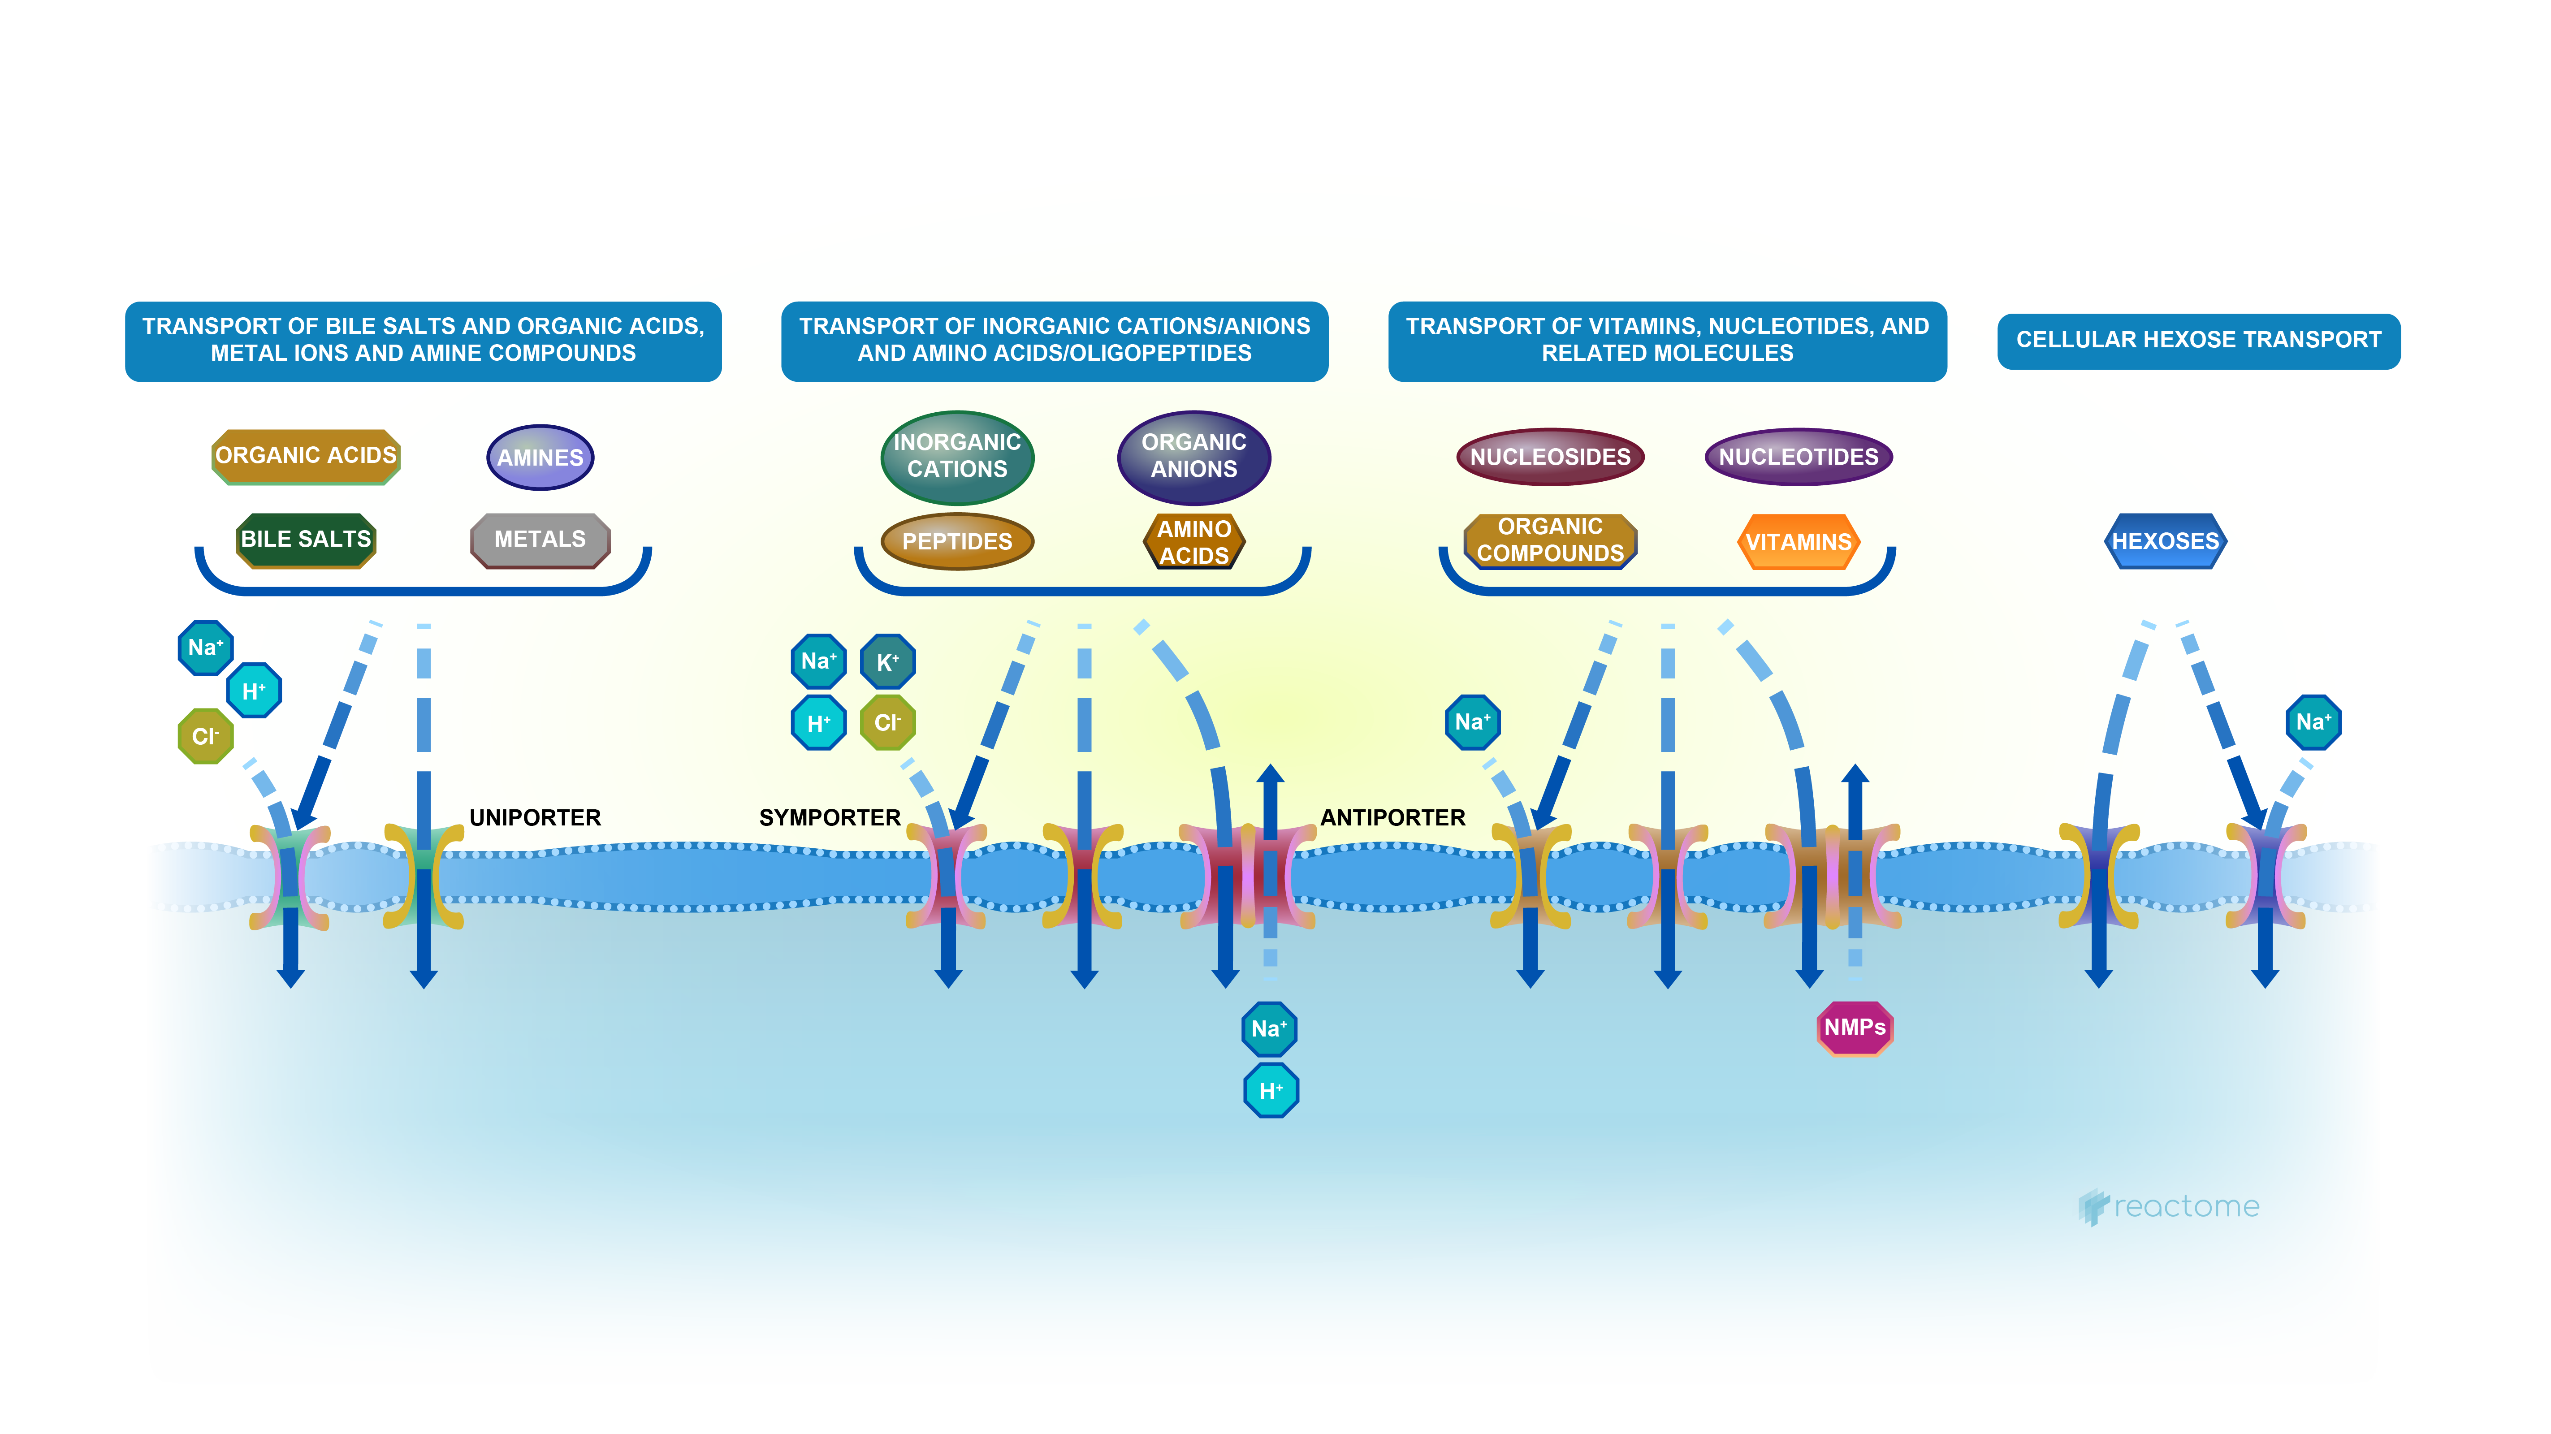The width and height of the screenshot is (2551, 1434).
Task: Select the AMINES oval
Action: pos(540,458)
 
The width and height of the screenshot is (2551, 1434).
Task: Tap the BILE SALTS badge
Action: pos(306,540)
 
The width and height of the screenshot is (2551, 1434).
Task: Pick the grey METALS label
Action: pos(540,540)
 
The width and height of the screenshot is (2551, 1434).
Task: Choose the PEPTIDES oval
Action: pos(956,542)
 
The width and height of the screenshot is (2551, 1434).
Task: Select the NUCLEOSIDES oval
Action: pos(1550,457)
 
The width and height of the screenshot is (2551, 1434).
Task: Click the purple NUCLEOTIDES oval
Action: pos(1799,457)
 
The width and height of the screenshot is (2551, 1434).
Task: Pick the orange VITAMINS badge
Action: pos(1799,542)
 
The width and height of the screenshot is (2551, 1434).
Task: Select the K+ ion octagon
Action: pos(887,661)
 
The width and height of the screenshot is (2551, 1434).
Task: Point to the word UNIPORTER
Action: pos(535,818)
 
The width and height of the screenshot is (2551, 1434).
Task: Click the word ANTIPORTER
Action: pos(1392,818)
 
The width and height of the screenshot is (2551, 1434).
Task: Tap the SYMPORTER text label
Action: pos(830,818)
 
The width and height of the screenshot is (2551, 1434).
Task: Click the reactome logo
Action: pos(2169,1206)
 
